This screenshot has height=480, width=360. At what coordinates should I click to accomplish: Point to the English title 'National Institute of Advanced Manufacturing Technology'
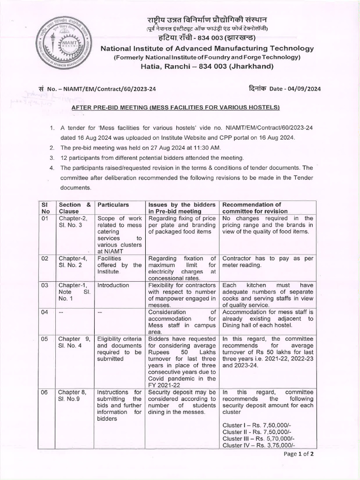pos(207,49)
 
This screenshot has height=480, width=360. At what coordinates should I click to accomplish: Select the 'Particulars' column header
pos(113,204)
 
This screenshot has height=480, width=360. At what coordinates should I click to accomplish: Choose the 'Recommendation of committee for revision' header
pos(255,208)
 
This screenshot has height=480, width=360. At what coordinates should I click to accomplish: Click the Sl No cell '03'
pos(45,285)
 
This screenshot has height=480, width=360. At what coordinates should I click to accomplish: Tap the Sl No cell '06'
pos(45,392)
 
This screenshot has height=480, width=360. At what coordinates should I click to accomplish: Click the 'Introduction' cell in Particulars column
pos(113,285)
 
